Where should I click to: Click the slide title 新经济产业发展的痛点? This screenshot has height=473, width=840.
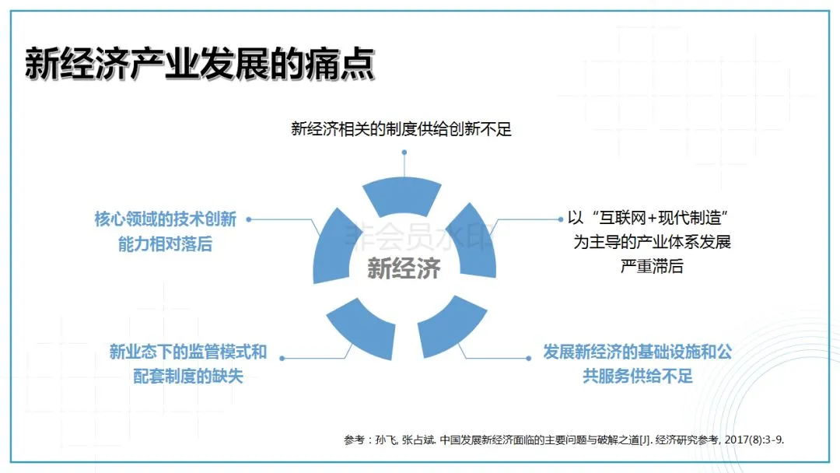[200, 64]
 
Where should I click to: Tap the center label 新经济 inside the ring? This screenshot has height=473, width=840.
[404, 268]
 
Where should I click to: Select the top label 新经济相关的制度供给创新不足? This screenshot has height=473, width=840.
[401, 129]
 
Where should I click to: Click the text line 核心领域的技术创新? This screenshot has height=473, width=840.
[165, 219]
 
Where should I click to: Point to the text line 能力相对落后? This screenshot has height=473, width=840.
[165, 244]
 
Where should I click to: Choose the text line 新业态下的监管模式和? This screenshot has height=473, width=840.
[188, 352]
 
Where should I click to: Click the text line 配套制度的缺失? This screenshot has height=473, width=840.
[188, 376]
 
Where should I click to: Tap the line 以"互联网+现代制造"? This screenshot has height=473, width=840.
[652, 218]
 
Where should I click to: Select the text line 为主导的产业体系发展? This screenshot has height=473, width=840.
[652, 242]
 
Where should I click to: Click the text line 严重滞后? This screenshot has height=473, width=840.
[652, 266]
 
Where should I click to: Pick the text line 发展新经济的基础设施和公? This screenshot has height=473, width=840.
[637, 352]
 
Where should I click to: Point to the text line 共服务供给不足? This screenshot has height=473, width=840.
[637, 377]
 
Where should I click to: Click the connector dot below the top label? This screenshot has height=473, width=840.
[404, 152]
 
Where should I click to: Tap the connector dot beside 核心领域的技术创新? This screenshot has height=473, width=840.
[248, 219]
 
